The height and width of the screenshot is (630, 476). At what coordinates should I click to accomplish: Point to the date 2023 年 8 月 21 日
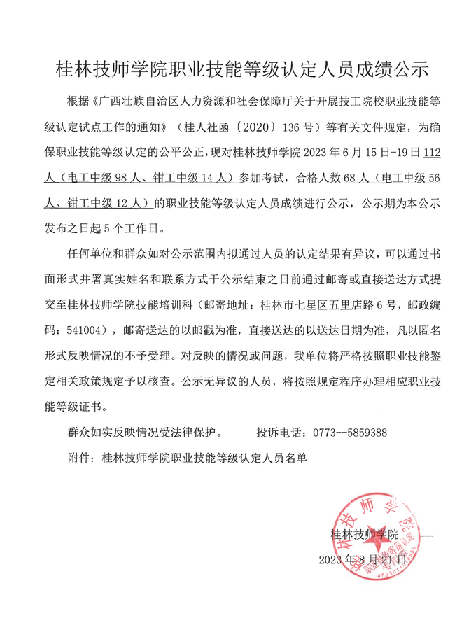tap(362, 560)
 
